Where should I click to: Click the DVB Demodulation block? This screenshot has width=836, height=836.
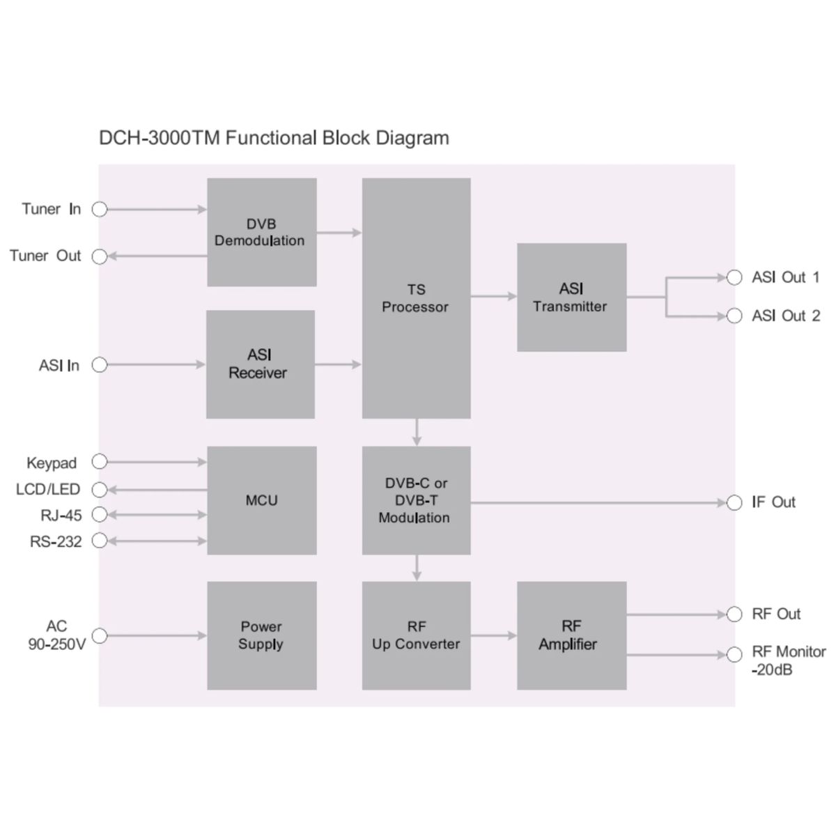click(261, 232)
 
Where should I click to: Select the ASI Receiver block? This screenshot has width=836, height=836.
click(260, 364)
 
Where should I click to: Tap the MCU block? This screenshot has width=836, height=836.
click(261, 500)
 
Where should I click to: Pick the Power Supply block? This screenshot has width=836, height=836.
click(261, 635)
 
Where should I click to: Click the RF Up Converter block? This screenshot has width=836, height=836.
click(416, 635)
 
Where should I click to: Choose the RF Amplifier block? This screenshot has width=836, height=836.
click(571, 635)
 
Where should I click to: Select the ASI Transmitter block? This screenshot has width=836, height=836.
click(571, 297)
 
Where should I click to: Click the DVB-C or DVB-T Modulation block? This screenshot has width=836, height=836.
click(416, 500)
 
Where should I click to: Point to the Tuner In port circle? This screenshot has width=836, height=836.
click(100, 209)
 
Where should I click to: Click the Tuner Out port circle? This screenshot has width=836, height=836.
click(100, 256)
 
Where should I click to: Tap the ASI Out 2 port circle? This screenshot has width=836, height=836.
click(734, 316)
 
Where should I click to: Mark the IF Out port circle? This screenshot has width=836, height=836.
click(734, 502)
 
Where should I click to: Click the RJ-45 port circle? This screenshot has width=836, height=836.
click(100, 515)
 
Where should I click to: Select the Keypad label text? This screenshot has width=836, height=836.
click(52, 463)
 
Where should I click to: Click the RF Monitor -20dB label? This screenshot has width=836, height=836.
click(788, 660)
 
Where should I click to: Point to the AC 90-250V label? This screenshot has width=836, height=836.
click(56, 635)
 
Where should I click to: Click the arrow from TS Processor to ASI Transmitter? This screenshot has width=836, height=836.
click(493, 297)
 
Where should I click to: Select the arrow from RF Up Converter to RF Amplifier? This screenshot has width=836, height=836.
click(493, 635)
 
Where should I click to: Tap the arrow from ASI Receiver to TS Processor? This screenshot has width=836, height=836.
click(338, 364)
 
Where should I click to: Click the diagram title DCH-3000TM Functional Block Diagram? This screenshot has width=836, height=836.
click(274, 138)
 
